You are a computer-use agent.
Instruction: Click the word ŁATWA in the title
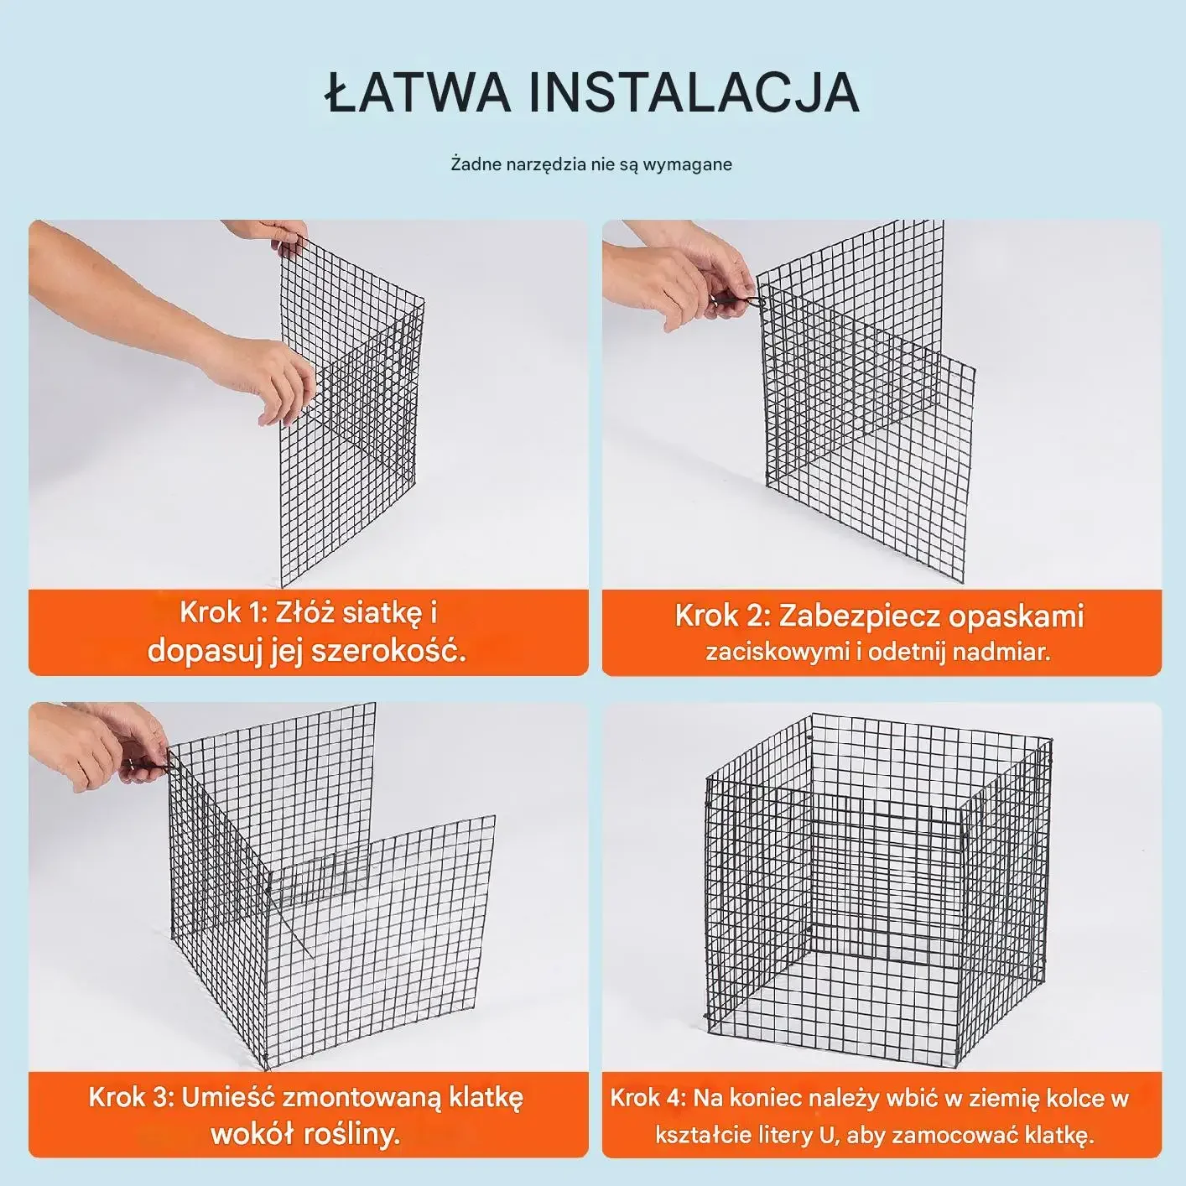point(417,91)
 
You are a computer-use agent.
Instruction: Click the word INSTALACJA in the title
point(694,92)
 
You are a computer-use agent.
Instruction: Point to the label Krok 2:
point(722,616)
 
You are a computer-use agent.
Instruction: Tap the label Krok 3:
point(133,1097)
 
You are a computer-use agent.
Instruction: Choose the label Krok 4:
point(648,1099)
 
